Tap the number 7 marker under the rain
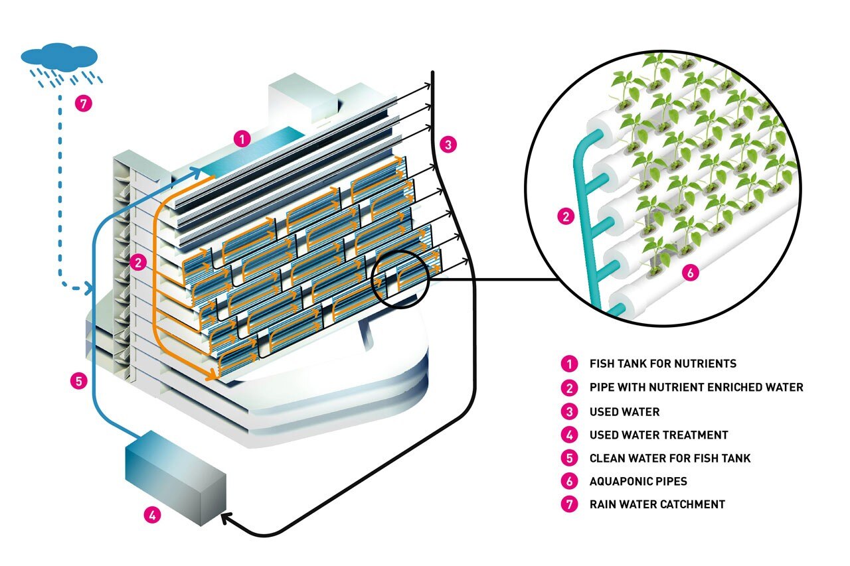pos(84,104)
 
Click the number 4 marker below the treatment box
pos(152,514)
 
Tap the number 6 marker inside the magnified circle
pos(691,273)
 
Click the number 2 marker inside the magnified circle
pos(566,216)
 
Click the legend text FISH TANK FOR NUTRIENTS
pos(663,364)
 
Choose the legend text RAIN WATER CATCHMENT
pos(657,504)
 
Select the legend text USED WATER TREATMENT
pos(658,435)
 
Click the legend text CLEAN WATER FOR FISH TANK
pos(669,458)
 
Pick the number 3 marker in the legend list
pos(568,411)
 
